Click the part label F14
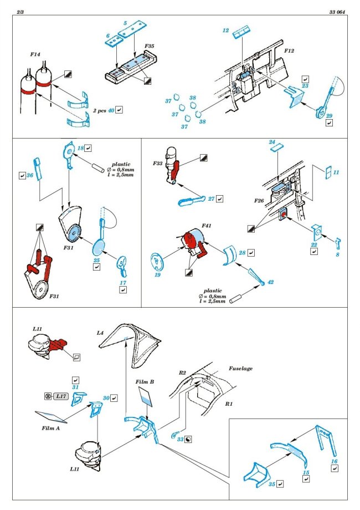click(37, 55)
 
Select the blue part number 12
click(226, 31)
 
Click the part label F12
click(289, 50)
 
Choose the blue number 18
click(80, 148)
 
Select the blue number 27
click(211, 198)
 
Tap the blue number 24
click(272, 142)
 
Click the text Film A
click(50, 428)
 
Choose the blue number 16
click(334, 461)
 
